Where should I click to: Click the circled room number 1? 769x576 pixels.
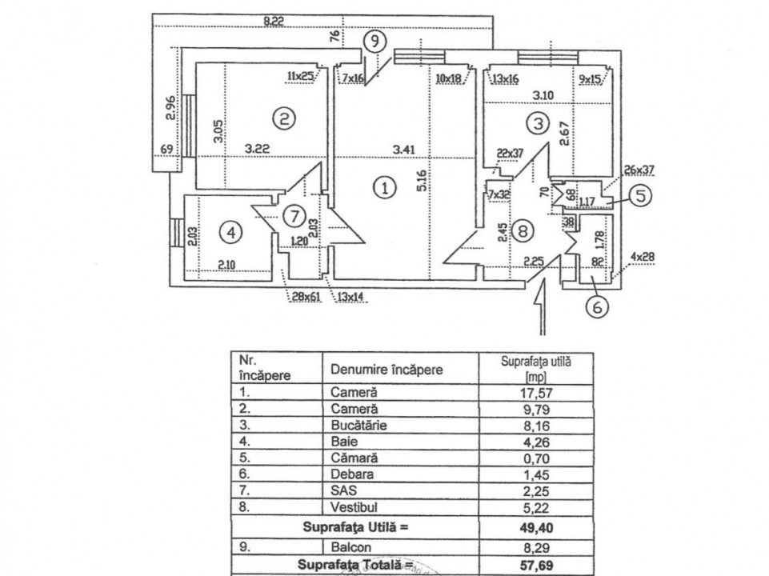[386, 189]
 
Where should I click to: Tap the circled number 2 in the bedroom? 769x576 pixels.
[284, 119]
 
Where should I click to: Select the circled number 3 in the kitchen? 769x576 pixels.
[539, 123]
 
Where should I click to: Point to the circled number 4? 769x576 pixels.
[231, 234]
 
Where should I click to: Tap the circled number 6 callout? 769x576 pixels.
[595, 305]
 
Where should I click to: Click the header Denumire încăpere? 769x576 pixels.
[387, 370]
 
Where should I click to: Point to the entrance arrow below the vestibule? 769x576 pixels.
[542, 308]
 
